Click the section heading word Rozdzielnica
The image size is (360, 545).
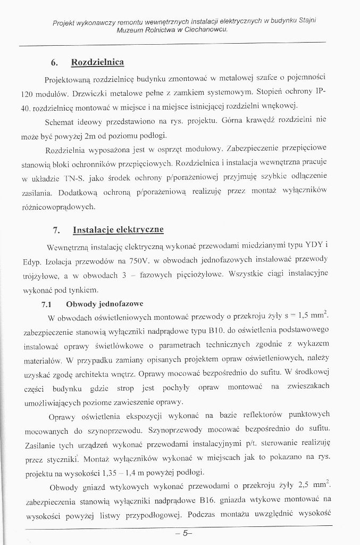[x=98, y=63]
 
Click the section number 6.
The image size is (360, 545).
[x=54, y=63]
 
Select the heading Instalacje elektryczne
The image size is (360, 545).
[x=118, y=230]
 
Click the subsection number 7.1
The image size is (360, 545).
[x=47, y=304]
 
